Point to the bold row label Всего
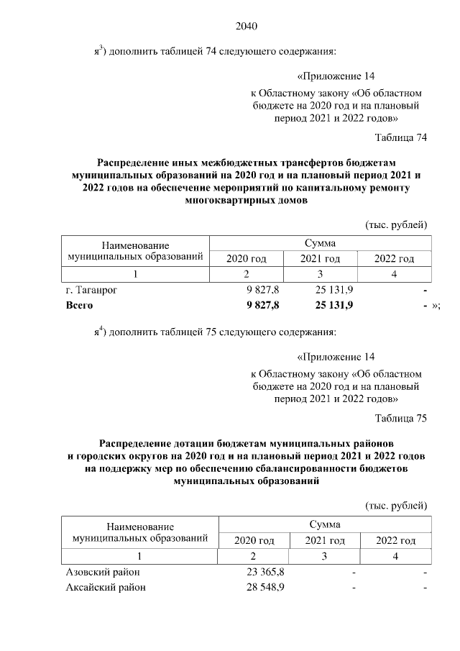(x=78, y=306)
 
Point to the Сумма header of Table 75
(x=323, y=524)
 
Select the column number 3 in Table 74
(x=320, y=274)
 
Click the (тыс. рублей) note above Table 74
(x=397, y=224)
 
